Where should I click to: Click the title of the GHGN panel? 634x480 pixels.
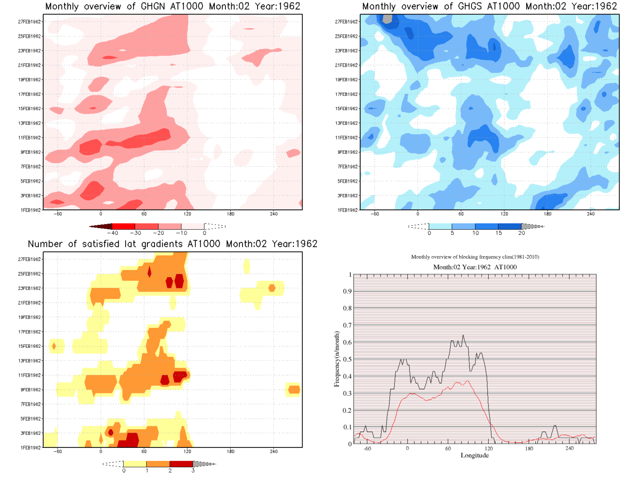coord(173,7)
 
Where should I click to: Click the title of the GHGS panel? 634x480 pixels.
coord(489,7)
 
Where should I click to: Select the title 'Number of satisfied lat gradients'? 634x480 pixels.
coord(173,244)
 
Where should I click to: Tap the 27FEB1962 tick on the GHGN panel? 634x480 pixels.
coord(29,22)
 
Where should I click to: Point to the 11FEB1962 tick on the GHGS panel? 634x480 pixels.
coord(346,138)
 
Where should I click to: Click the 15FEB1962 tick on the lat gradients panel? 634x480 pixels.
coord(29,346)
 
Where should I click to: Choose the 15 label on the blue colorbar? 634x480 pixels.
coord(498,233)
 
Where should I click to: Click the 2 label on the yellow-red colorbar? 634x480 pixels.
coord(170,471)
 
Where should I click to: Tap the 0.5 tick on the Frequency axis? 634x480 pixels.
coord(348,359)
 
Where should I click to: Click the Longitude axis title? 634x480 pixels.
coord(475,455)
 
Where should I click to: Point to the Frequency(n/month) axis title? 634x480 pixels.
coord(337,359)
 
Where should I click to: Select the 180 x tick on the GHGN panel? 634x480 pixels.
coord(231,214)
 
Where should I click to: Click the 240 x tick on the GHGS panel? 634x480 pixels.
coord(590,214)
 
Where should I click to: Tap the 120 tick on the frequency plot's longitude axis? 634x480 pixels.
coord(488,448)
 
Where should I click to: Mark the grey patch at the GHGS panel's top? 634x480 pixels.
coord(387,18)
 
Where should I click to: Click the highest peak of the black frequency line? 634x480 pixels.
coord(463,335)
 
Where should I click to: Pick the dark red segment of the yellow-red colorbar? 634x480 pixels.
coord(181,464)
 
